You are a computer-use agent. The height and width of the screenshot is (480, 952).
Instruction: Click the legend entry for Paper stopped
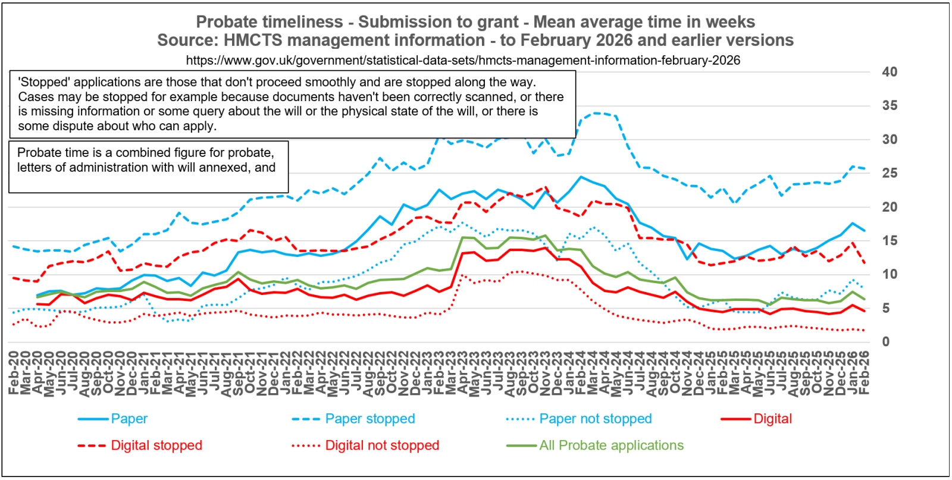click(x=369, y=419)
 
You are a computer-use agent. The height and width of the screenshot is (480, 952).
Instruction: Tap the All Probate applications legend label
click(x=611, y=446)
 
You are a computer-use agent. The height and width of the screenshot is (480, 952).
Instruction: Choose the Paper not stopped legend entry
click(x=595, y=419)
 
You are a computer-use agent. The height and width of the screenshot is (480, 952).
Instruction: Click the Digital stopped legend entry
click(x=156, y=446)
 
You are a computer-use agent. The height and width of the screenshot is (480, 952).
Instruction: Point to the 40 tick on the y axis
click(x=890, y=72)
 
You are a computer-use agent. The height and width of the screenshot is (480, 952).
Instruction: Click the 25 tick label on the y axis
click(x=890, y=174)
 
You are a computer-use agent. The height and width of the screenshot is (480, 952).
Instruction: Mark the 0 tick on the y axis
click(x=886, y=342)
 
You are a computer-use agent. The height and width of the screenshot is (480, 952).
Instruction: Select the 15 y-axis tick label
click(x=890, y=241)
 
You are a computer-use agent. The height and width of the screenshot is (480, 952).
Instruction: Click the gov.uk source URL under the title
click(x=463, y=61)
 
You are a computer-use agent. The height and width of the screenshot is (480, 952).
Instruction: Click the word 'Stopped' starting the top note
click(x=44, y=82)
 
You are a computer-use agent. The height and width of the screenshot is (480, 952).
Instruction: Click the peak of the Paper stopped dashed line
click(x=595, y=112)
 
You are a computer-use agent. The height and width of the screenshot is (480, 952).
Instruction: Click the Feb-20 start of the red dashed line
click(x=14, y=278)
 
